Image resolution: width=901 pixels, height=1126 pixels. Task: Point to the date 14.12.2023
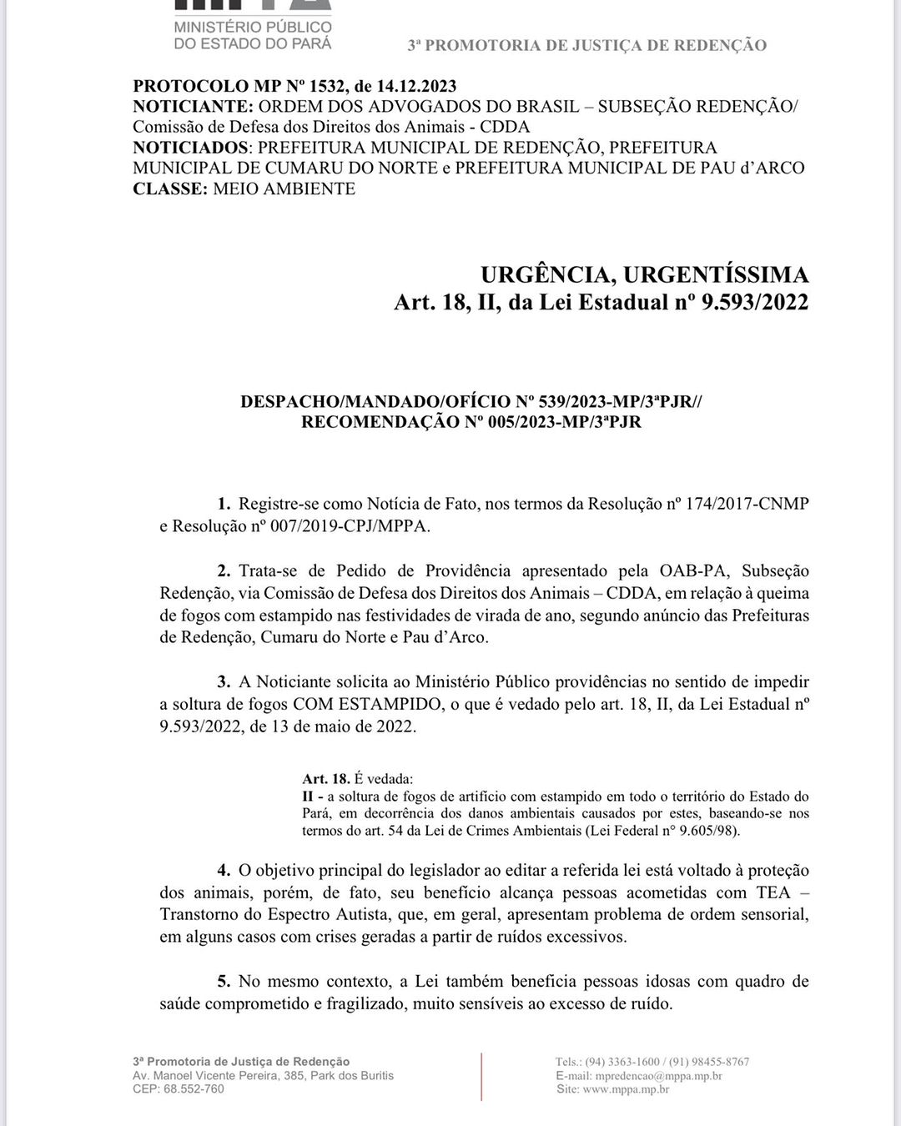pyautogui.click(x=416, y=87)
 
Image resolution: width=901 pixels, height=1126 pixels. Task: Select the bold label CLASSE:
pyautogui.click(x=170, y=189)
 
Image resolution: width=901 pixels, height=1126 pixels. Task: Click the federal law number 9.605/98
pyautogui.click(x=707, y=831)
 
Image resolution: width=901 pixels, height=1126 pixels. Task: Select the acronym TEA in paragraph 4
pyautogui.click(x=773, y=892)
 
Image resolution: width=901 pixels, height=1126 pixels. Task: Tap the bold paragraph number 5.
pyautogui.click(x=223, y=982)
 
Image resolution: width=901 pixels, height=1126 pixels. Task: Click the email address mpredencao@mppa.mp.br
pyautogui.click(x=658, y=1076)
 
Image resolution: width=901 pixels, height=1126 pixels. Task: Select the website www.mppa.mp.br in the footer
pyautogui.click(x=626, y=1089)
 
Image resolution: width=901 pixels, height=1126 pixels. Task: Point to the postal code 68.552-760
pyautogui.click(x=194, y=1089)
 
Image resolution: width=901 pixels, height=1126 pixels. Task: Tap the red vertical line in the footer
pyautogui.click(x=481, y=1076)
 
